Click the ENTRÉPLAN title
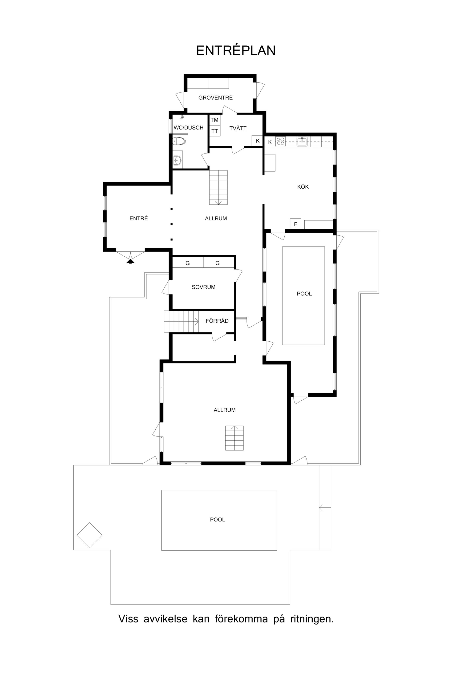click(x=236, y=50)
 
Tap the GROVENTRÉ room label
click(x=215, y=98)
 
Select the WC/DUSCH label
click(x=189, y=128)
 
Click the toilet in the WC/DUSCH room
click(x=179, y=141)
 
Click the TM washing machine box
click(x=214, y=120)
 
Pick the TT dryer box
click(x=214, y=131)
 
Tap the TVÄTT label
click(x=238, y=129)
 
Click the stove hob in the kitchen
click(x=280, y=141)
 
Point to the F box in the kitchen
click(x=295, y=224)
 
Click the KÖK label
click(x=303, y=187)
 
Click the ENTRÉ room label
click(x=139, y=218)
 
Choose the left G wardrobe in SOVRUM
click(x=188, y=263)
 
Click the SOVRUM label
click(x=203, y=287)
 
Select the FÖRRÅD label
click(x=217, y=321)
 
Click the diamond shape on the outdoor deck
click(x=90, y=535)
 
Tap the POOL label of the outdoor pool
click(x=217, y=520)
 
